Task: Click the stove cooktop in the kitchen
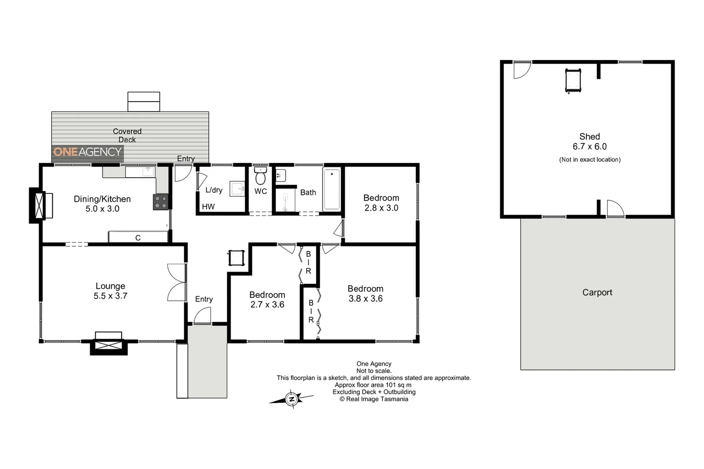point(160,202)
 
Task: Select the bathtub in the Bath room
point(332,189)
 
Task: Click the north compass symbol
point(292,399)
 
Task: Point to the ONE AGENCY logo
point(87,152)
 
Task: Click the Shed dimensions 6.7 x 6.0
point(589,147)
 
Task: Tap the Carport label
point(597,293)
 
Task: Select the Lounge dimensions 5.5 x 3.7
point(110,296)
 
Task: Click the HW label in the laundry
point(208,207)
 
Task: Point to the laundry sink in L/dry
point(237,189)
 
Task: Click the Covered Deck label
point(127,135)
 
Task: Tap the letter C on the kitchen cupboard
point(138,238)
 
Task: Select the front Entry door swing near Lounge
point(202,315)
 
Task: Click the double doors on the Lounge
point(176,282)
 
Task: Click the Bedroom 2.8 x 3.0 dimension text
point(381,208)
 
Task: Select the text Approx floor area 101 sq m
point(373,385)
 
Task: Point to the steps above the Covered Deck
point(143,102)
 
